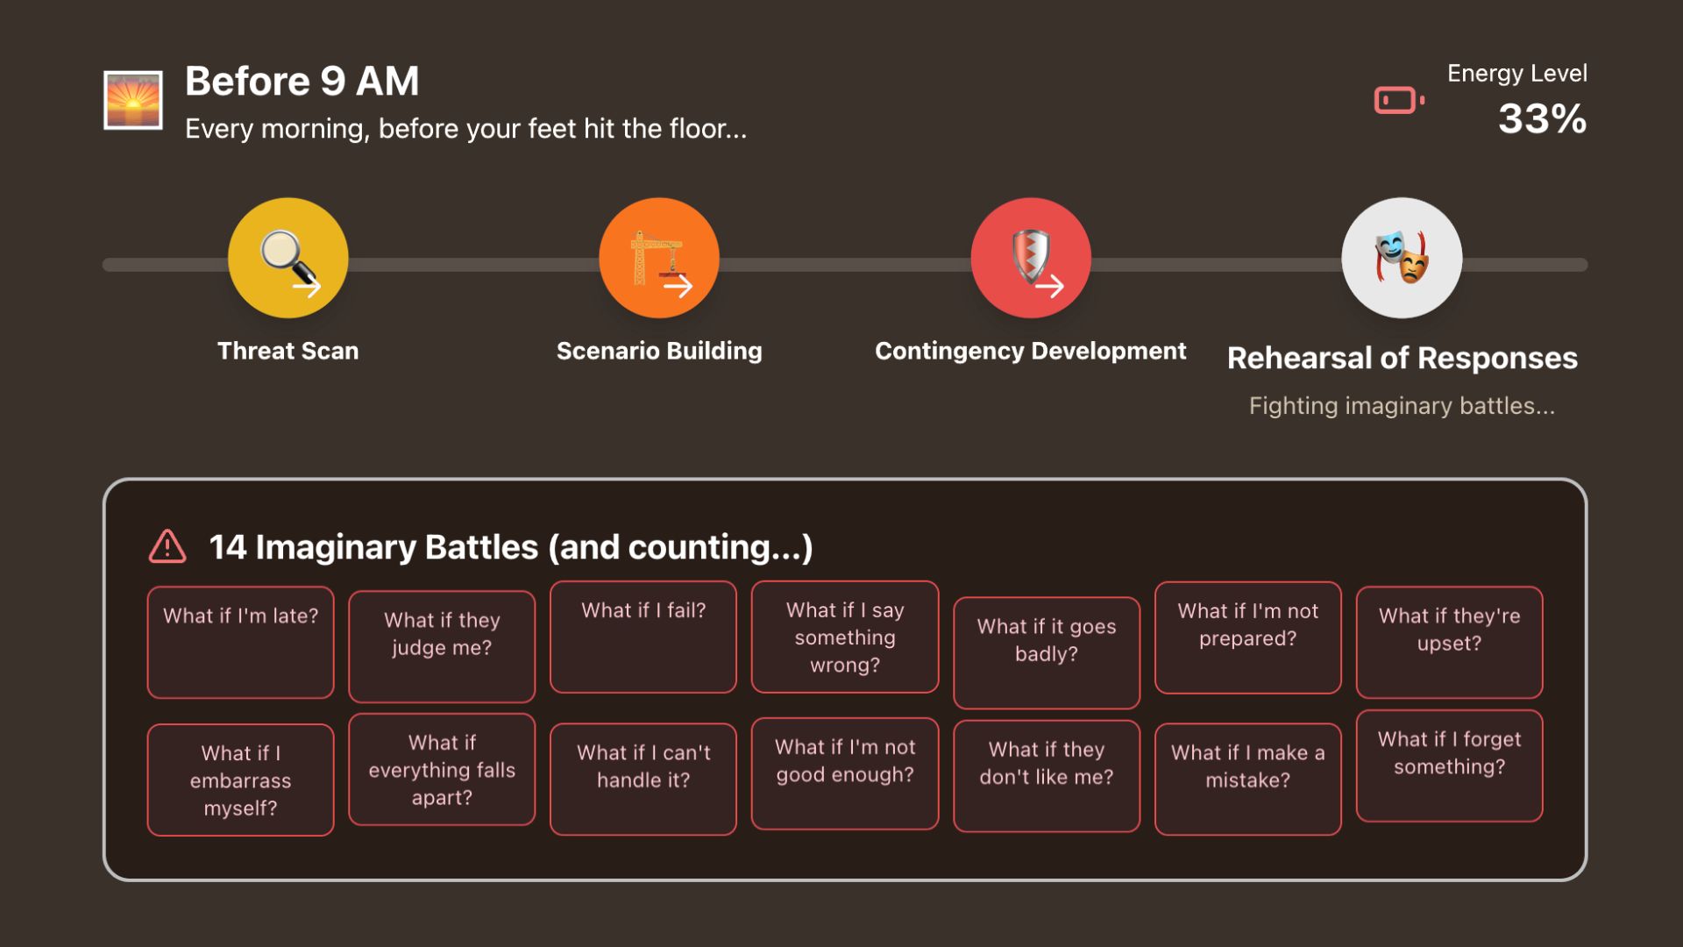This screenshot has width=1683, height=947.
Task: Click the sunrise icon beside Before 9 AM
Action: click(133, 100)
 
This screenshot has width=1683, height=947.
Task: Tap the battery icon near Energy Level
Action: click(1398, 100)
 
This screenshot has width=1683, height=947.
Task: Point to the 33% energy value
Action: click(1542, 119)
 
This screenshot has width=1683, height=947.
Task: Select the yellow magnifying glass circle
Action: click(288, 258)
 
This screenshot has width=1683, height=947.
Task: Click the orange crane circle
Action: click(659, 258)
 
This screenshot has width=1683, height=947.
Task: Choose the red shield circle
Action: click(1031, 258)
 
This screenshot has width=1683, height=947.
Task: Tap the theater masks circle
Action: click(1402, 258)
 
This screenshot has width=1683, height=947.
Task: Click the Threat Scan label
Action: click(288, 351)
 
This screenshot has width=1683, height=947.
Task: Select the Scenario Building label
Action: click(659, 351)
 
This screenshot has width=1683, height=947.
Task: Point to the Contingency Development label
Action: click(1030, 351)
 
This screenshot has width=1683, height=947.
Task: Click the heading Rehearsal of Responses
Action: click(1402, 358)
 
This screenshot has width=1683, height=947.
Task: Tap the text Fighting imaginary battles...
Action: click(1402, 406)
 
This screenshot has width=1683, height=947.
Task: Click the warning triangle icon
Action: click(167, 546)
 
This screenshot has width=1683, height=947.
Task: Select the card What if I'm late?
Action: click(240, 642)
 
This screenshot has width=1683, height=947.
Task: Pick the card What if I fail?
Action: click(643, 637)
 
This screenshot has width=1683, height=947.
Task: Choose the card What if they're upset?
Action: click(1449, 642)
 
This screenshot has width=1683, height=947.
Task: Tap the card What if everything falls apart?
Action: click(442, 770)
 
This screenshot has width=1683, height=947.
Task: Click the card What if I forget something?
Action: click(1449, 765)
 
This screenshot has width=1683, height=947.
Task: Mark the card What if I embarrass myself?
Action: click(240, 780)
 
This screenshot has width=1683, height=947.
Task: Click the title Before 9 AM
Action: click(302, 82)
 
